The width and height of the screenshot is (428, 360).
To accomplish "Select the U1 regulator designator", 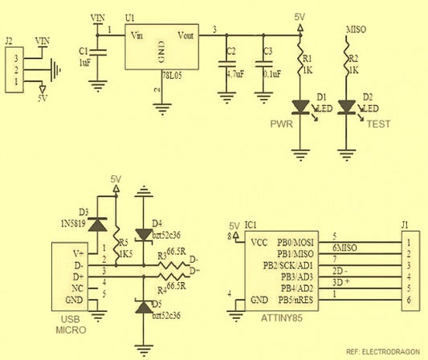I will [x=131, y=17].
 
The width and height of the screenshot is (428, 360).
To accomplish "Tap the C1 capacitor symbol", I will [x=99, y=55].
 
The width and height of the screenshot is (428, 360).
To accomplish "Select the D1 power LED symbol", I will [x=301, y=106].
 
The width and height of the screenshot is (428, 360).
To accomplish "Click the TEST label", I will [x=378, y=125].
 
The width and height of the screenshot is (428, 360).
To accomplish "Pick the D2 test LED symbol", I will [x=347, y=106].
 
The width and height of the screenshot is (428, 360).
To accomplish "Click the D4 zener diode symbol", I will [x=143, y=235].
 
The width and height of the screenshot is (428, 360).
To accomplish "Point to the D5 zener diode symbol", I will [x=143, y=307].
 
